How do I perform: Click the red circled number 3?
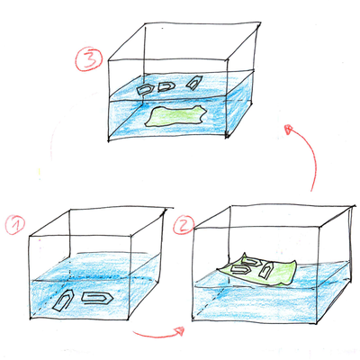[x=87, y=61]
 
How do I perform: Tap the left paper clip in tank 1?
[x=65, y=301]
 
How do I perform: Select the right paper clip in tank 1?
[x=94, y=296]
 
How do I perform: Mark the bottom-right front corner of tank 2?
[x=316, y=321]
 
